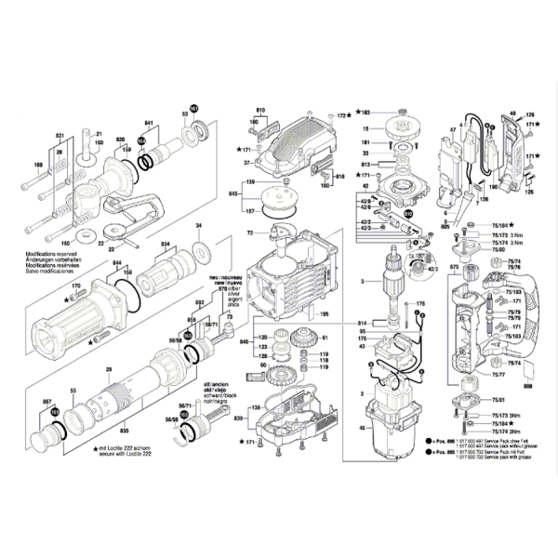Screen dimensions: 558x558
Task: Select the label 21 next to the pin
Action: point(100,133)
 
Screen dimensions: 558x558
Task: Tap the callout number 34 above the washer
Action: point(198,226)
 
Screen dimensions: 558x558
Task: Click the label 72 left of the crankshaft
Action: point(250,232)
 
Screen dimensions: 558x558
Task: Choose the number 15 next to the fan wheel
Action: point(366,129)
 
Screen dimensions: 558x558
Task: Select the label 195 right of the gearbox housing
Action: point(325,314)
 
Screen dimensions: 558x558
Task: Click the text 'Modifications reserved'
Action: point(29,252)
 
